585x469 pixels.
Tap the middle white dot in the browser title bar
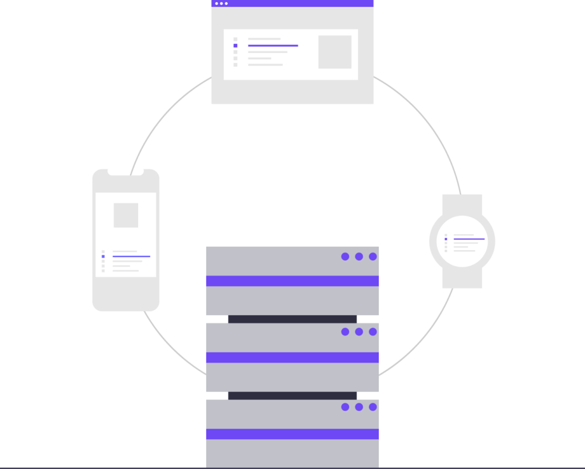click(x=221, y=3)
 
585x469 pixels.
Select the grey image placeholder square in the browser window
click(x=335, y=52)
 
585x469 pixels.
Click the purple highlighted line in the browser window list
click(x=273, y=45)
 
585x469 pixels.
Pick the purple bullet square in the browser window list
click(x=235, y=45)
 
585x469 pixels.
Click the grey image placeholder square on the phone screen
click(x=126, y=215)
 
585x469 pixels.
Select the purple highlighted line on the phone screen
click(x=131, y=256)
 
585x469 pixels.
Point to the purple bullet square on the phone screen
click(x=103, y=256)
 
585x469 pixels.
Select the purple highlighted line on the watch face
click(x=469, y=239)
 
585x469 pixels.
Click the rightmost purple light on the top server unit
click(x=372, y=256)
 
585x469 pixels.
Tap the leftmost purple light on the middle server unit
click(x=345, y=332)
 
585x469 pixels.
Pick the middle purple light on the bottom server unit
click(x=359, y=407)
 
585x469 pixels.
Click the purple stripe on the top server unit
click(x=292, y=281)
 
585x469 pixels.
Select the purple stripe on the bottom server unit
click(x=292, y=434)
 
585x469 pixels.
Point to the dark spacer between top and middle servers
click(x=292, y=319)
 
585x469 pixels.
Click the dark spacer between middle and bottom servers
click(x=292, y=396)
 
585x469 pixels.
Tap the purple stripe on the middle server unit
click(x=292, y=358)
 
